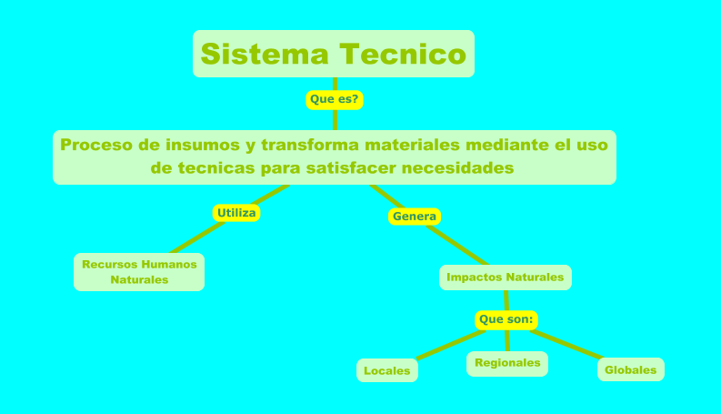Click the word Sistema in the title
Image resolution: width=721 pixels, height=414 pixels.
[264, 54]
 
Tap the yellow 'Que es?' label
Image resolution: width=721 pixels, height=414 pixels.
[335, 99]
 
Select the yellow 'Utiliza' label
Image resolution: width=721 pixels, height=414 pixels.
[236, 213]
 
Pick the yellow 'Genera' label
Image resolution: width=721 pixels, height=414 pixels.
[415, 217]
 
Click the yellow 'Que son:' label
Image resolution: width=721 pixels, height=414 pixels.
[506, 320]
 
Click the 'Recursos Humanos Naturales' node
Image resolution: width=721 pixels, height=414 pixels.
[139, 272]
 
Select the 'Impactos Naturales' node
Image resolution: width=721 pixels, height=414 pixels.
[506, 277]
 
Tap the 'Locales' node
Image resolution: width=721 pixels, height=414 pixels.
[387, 370]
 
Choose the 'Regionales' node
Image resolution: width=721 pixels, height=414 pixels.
[507, 363]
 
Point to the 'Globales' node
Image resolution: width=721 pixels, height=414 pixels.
[630, 369]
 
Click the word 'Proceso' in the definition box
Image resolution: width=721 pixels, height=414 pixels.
[95, 145]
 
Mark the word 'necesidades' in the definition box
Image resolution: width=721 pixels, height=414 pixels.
[459, 168]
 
